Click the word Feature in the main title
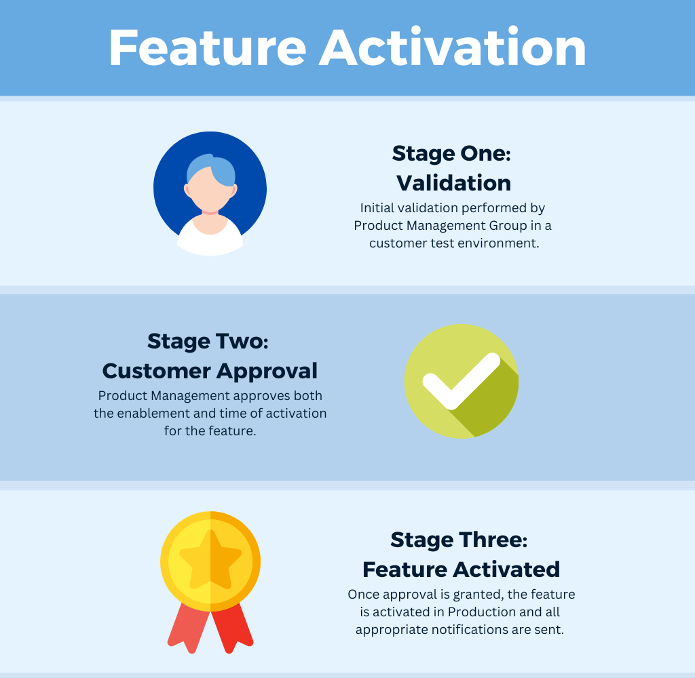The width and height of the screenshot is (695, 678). (x=208, y=48)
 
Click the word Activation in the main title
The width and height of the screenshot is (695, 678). (x=453, y=47)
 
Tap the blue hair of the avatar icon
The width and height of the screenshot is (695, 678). (x=212, y=170)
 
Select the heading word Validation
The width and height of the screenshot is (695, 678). (x=453, y=183)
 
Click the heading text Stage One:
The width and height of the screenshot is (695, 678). (x=451, y=154)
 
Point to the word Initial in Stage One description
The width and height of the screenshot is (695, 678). (x=376, y=207)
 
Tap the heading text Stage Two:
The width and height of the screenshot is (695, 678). (x=208, y=342)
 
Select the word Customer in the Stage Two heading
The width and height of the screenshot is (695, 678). (x=157, y=371)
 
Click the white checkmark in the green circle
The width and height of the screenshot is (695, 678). (x=462, y=380)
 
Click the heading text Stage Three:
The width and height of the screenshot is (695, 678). (x=459, y=540)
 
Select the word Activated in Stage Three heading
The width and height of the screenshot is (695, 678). (x=506, y=570)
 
